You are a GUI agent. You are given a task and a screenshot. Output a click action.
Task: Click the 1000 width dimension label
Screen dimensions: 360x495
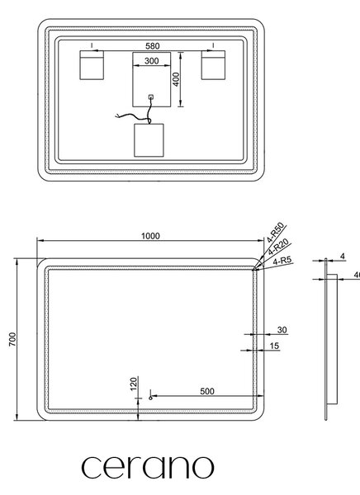pos(150,236)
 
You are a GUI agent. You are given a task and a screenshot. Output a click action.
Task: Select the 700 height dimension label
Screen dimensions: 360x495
pos(12,339)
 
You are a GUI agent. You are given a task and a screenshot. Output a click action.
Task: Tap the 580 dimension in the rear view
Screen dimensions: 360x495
pos(153,46)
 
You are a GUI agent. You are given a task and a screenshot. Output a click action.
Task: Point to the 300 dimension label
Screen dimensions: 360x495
pos(152,60)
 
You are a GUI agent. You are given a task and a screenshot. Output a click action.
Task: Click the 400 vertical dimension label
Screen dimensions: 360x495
pos(177,79)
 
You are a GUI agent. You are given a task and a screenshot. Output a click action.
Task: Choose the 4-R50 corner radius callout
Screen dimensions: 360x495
pos(276,233)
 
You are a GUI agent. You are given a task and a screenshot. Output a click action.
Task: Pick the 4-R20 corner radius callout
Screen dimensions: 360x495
pos(278,247)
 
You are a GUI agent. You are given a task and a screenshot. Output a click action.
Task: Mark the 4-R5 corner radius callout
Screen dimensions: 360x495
pos(283,261)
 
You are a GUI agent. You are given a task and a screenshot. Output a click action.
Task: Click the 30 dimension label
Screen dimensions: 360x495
pos(282,330)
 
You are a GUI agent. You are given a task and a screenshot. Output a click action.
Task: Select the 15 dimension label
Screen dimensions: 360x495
pos(274,346)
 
